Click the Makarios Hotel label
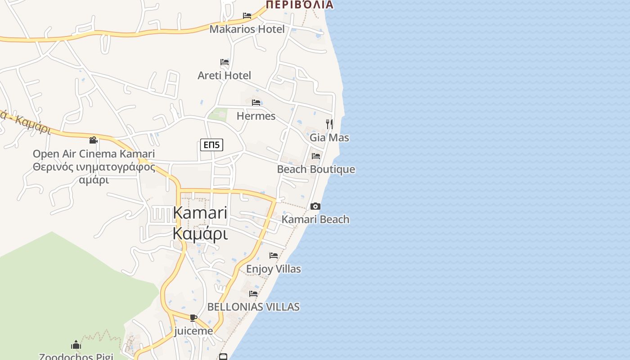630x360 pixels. click(x=247, y=29)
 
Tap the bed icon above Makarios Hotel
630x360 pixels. click(x=247, y=16)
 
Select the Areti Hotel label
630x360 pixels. click(x=224, y=75)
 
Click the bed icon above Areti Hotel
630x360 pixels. click(x=225, y=62)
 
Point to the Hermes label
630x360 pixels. click(x=256, y=116)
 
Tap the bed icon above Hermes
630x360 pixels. click(x=256, y=103)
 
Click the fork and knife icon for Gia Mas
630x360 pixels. click(x=329, y=124)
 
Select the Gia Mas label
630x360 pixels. click(x=329, y=138)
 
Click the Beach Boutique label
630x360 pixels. click(x=316, y=169)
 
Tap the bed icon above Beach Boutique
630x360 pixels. click(x=316, y=156)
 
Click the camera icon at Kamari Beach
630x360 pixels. click(x=315, y=207)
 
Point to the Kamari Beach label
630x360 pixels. click(x=315, y=220)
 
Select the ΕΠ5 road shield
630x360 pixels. click(x=211, y=145)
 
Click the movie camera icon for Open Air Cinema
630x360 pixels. click(x=93, y=140)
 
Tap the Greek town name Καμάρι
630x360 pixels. click(x=200, y=234)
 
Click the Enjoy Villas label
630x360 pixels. click(x=274, y=269)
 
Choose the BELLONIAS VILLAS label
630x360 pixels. click(x=253, y=307)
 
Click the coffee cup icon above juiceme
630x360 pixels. click(x=193, y=318)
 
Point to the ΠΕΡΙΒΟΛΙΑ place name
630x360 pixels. click(x=300, y=5)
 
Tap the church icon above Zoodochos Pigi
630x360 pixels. click(x=76, y=345)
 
